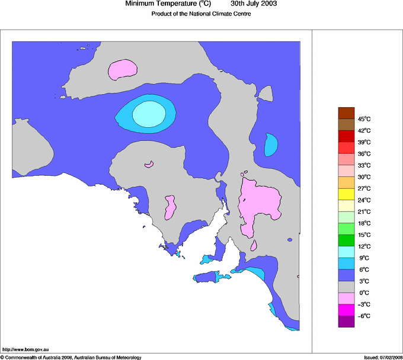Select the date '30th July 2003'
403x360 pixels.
253,4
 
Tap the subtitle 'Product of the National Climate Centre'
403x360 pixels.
201,14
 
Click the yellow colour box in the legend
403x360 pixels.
346,194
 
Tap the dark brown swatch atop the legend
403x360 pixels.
346,112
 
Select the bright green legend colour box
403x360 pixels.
346,229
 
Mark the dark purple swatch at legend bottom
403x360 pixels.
346,321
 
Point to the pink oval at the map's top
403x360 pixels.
123,69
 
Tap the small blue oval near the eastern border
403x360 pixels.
271,144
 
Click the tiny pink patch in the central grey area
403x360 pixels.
149,164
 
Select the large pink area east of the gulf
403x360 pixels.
260,204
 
